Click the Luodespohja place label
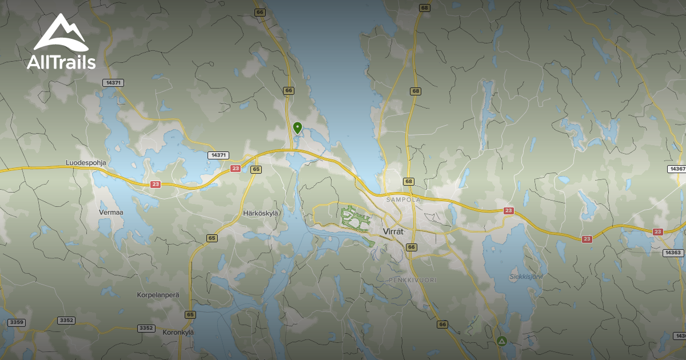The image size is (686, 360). [86, 163]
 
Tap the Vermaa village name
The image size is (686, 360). [111, 212]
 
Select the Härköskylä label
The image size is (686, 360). [261, 213]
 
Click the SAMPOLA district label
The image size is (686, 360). [403, 200]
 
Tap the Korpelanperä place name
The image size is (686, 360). [158, 295]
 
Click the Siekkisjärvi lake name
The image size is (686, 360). [525, 277]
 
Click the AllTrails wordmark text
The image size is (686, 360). [61, 62]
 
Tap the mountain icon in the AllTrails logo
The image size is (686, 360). [61, 33]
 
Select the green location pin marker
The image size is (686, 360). [297, 127]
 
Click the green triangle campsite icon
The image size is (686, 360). [501, 342]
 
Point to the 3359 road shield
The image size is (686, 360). [17, 323]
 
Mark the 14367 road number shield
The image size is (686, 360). [677, 169]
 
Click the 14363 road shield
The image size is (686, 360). [673, 253]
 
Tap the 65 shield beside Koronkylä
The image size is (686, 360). [190, 315]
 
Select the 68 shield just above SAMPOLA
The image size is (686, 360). [408, 182]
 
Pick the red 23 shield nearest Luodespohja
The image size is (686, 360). [155, 185]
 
